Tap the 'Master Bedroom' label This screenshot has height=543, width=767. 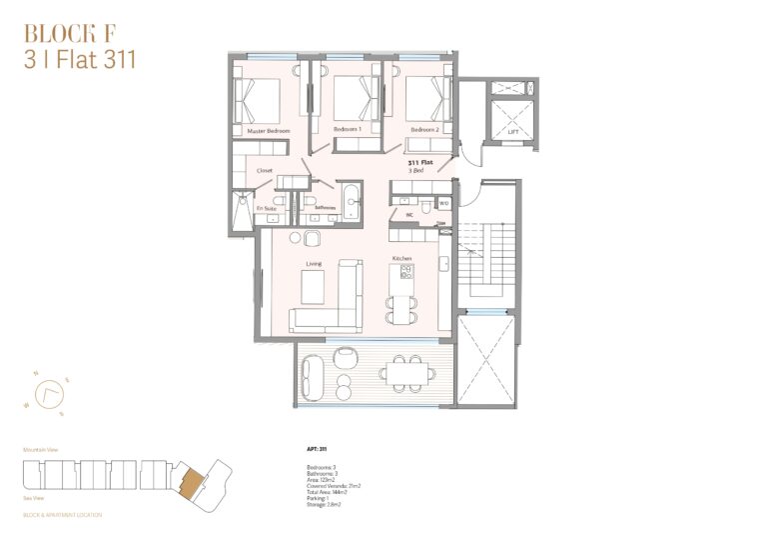[x=268, y=131]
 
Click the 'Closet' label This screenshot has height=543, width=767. [x=265, y=171]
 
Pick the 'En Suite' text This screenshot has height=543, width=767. [x=266, y=208]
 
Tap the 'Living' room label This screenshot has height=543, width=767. [x=314, y=264]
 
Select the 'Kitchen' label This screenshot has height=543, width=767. [x=402, y=259]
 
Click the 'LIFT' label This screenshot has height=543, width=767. [x=513, y=131]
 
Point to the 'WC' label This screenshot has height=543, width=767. [x=409, y=214]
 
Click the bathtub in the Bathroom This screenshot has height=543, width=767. [x=351, y=201]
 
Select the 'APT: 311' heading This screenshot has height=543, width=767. [x=317, y=449]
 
